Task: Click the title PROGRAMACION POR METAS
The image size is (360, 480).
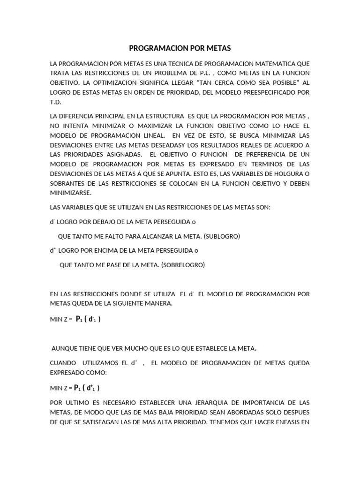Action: (x=180, y=48)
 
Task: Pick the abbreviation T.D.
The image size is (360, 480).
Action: (x=55, y=102)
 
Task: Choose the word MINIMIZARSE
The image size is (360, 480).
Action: (x=71, y=193)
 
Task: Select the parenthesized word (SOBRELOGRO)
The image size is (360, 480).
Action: (x=183, y=265)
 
